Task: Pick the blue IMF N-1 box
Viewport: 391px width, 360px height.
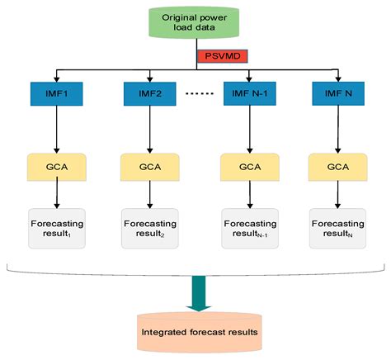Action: click(x=247, y=94)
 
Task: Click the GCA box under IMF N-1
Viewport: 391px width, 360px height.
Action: click(x=247, y=166)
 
